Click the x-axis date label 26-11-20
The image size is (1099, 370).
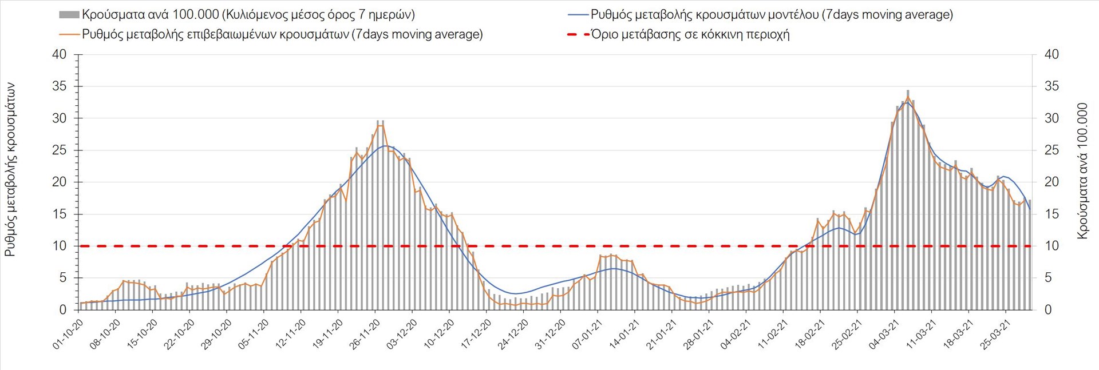[x=365, y=334]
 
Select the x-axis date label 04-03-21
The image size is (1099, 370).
[x=884, y=334]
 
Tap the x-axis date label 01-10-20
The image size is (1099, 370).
[x=69, y=334]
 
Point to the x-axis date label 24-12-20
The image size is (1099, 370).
[x=513, y=334]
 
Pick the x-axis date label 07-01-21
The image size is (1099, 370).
[x=588, y=334]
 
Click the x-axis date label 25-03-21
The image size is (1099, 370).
[x=995, y=334]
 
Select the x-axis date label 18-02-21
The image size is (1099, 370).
[x=810, y=334]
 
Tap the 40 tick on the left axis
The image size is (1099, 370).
[x=60, y=55]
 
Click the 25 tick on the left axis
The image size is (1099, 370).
[x=60, y=150]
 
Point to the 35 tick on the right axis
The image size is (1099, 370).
[x=1051, y=86]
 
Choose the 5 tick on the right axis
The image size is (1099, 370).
[x=1048, y=278]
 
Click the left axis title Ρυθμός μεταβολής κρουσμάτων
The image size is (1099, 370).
[x=10, y=169]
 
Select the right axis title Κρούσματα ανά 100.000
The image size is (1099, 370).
[x=1082, y=170]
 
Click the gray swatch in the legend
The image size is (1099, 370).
[x=69, y=15]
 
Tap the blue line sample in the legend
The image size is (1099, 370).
[x=578, y=15]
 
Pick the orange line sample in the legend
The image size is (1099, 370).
[x=69, y=34]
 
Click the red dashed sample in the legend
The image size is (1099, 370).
[x=578, y=34]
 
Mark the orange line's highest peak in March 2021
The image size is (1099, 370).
[x=908, y=97]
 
